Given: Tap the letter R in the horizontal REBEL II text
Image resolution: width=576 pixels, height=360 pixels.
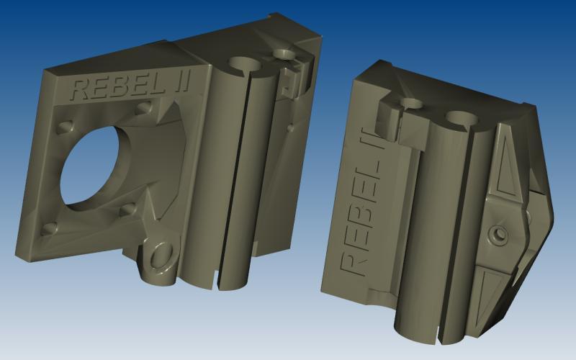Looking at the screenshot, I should [81, 89].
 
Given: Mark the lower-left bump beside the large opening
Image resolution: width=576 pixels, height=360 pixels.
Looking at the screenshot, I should [50, 229].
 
